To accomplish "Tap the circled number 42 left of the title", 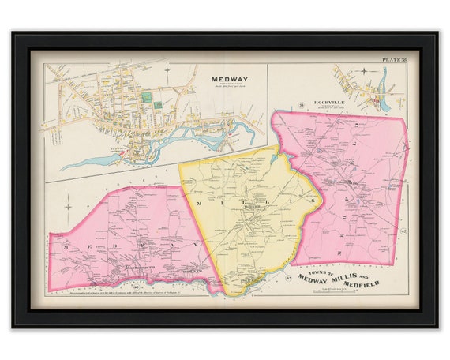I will (x=289, y=277).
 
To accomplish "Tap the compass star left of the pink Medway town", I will (x=69, y=207).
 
